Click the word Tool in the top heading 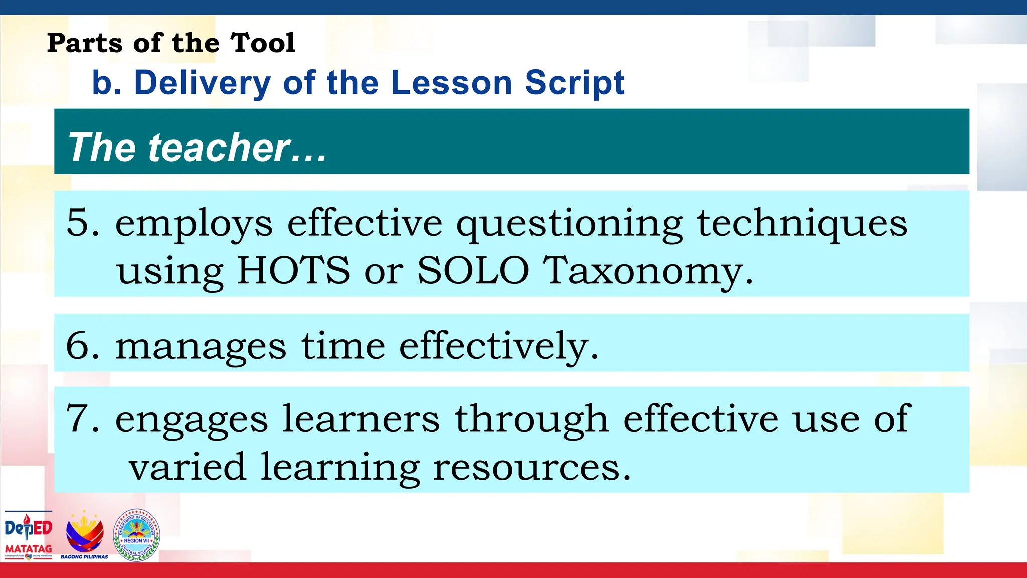[263, 43]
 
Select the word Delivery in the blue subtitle [203, 83]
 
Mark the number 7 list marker [78, 418]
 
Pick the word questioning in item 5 [569, 224]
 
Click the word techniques [802, 224]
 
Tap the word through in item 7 [532, 419]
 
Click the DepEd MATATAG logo [29, 535]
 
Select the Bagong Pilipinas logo [85, 535]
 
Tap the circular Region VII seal [137, 535]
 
